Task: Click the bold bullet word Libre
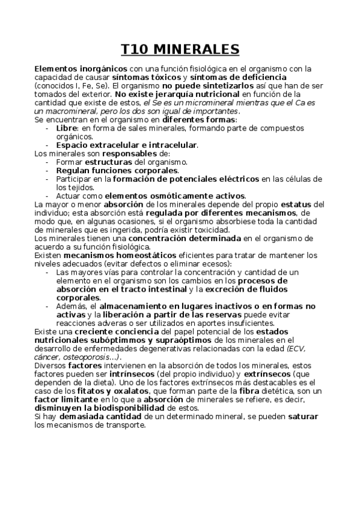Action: [x=67, y=128]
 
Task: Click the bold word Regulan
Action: [x=73, y=170]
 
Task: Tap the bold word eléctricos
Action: [x=234, y=179]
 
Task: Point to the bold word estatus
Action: [x=297, y=204]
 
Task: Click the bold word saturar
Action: [x=303, y=416]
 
